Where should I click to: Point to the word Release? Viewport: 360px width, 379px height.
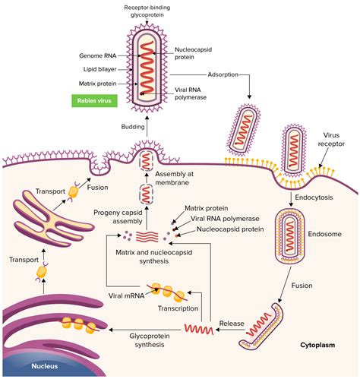231,323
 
